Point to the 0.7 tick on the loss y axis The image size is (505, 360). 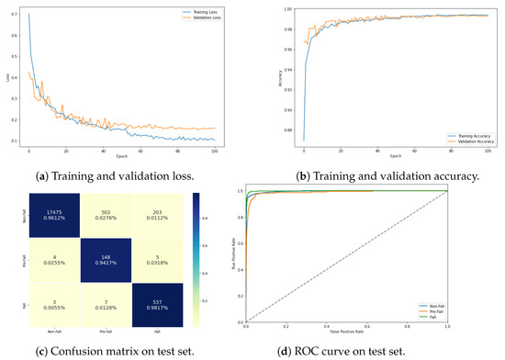coord(22,14)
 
